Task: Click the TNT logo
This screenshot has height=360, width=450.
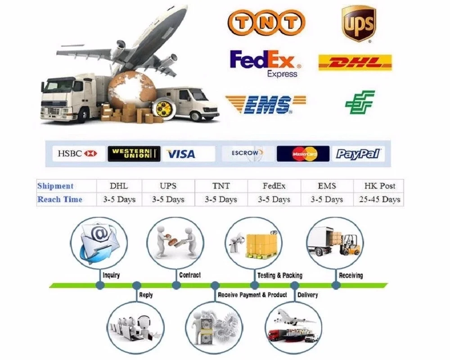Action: click(x=266, y=22)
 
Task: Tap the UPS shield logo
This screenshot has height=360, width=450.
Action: click(x=358, y=23)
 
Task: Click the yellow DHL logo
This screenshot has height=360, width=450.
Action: click(x=355, y=63)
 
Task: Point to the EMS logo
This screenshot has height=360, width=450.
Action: click(x=265, y=104)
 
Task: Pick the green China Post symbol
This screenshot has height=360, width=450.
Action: click(x=360, y=102)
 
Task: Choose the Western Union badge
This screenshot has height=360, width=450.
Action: click(x=134, y=153)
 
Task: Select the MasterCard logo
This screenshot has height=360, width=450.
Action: click(x=303, y=154)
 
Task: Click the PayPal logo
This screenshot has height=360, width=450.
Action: click(x=358, y=154)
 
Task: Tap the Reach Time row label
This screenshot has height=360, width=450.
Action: click(x=60, y=199)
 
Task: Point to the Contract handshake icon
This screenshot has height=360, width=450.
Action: click(x=176, y=242)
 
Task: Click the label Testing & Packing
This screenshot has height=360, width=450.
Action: click(x=279, y=275)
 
